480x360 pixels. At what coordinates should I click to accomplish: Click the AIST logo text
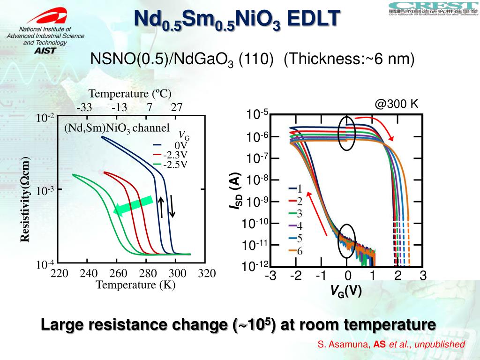click(x=45, y=50)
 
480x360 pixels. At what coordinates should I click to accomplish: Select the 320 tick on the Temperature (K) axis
click(x=206, y=273)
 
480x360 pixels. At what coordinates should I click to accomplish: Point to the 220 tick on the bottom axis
click(x=60, y=273)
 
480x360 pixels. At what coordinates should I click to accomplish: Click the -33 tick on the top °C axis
click(x=84, y=107)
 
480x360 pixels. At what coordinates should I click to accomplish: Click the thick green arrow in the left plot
click(x=133, y=206)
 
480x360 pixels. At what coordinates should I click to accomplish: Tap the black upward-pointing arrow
click(x=161, y=207)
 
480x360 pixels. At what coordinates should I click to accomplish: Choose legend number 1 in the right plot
click(x=300, y=189)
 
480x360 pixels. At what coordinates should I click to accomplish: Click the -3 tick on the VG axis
click(x=270, y=276)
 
